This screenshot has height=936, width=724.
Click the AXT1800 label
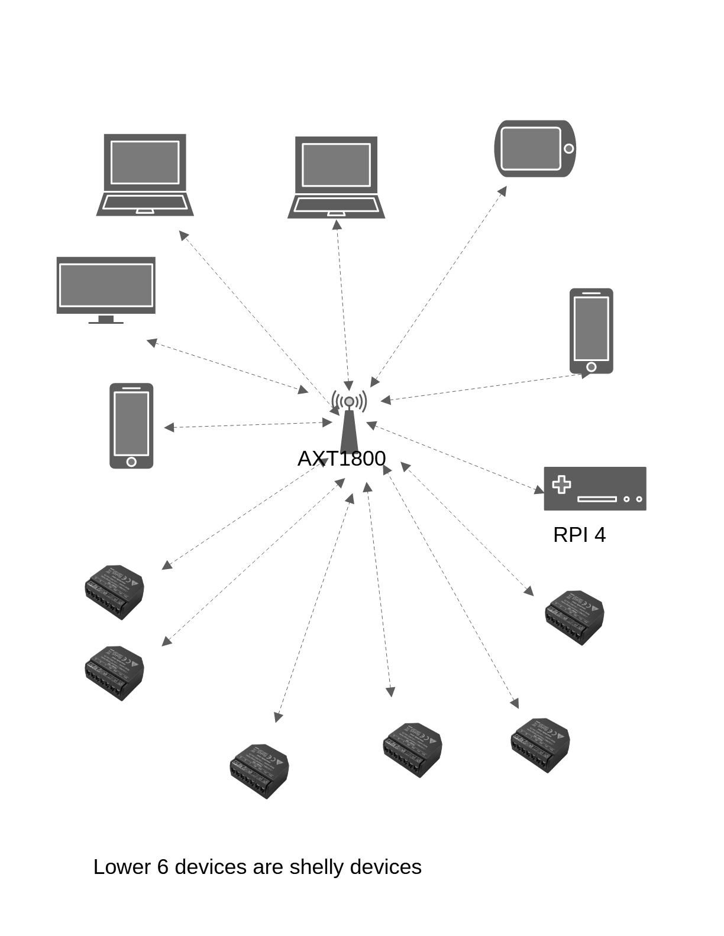341,459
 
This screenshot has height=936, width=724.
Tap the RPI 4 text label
579,535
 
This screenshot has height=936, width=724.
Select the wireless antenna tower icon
349,422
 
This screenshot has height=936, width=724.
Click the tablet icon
535,149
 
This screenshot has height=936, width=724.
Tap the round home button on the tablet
568,149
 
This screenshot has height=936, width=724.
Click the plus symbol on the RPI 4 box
561,485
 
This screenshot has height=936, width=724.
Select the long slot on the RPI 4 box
597,499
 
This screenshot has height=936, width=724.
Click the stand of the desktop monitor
106,320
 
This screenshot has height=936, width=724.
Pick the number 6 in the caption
163,867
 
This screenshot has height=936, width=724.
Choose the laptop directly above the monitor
145,175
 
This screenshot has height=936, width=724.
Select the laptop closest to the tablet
336,177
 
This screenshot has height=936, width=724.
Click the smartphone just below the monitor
131,426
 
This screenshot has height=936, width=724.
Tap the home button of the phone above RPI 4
591,367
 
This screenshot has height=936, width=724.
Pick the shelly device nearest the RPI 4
574,617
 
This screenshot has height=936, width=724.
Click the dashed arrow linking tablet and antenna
438,287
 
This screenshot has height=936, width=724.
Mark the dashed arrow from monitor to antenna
228,366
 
